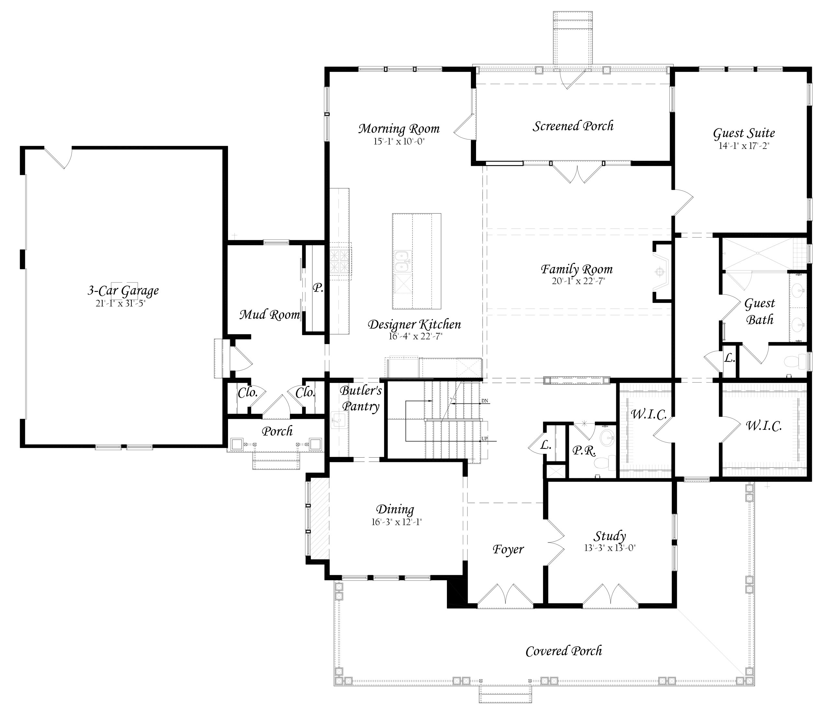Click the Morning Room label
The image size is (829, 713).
coord(399,129)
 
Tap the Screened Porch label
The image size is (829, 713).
coord(573,126)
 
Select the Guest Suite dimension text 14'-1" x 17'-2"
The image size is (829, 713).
coord(744,146)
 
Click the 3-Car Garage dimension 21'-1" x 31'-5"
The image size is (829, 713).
coord(120,303)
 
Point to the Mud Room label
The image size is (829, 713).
coord(270,315)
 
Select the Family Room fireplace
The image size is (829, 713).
coord(662,272)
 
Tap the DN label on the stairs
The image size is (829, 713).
coord(484,401)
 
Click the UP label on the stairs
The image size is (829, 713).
coord(484,439)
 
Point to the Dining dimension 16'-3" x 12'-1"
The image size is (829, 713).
coord(396,522)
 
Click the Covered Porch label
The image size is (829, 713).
coord(564,651)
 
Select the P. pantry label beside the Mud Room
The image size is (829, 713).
coord(318,288)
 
